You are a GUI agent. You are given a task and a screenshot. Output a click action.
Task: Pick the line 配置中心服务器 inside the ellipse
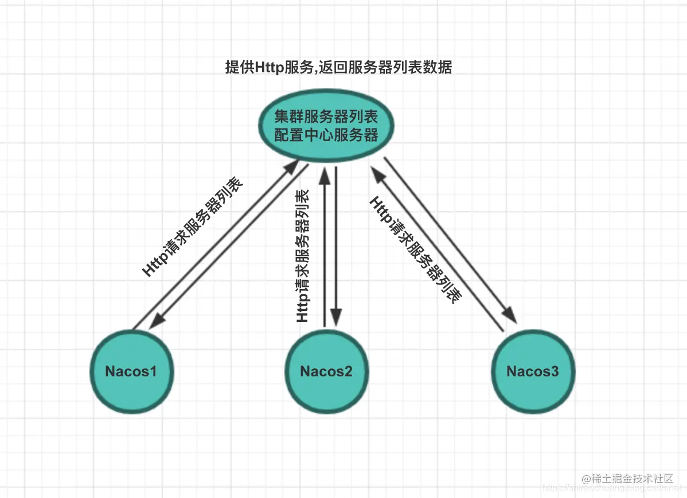point(326,135)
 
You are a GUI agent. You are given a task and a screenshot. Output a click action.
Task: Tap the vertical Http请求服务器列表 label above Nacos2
point(302,255)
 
